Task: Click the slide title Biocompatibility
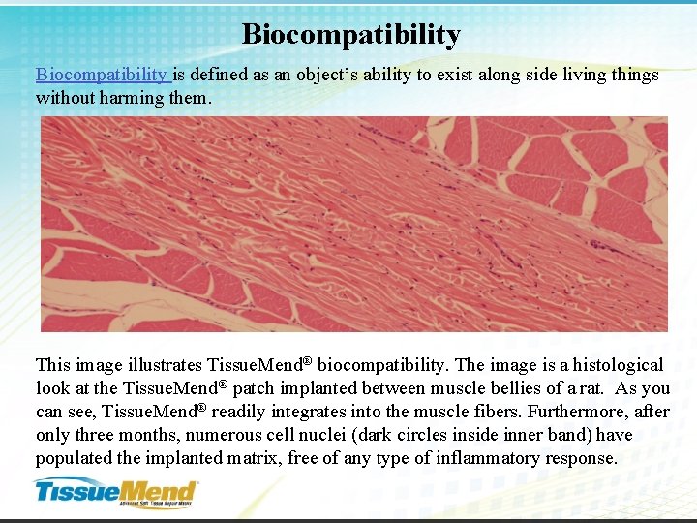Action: tap(350, 35)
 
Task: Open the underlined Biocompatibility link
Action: tap(101, 75)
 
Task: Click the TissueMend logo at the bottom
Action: tap(116, 492)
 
